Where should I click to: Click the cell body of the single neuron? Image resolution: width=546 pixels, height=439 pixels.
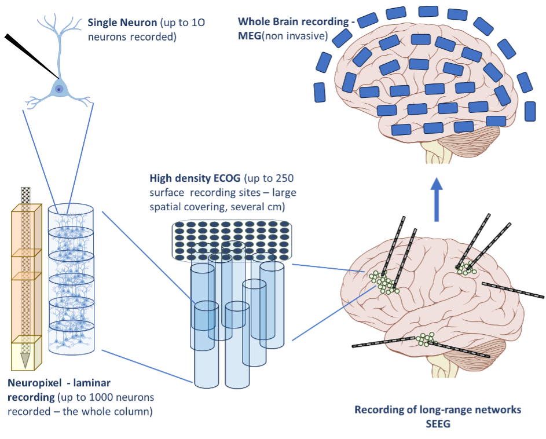(59, 89)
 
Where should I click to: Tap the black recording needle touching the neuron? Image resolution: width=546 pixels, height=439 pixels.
(31, 56)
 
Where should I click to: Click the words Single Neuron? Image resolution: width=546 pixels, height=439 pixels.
(122, 23)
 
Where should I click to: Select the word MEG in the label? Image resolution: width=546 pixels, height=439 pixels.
(250, 36)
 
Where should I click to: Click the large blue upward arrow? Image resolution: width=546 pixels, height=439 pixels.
(437, 199)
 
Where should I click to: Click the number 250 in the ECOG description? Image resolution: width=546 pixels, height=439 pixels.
(284, 178)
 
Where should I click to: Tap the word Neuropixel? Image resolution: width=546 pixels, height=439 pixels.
(34, 383)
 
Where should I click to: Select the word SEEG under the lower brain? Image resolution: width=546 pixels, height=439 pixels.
(438, 424)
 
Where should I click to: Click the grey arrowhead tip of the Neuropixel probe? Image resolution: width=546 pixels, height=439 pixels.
(25, 367)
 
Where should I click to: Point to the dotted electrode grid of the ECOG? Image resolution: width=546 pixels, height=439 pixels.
(232, 241)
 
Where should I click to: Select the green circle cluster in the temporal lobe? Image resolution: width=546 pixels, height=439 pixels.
(425, 339)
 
